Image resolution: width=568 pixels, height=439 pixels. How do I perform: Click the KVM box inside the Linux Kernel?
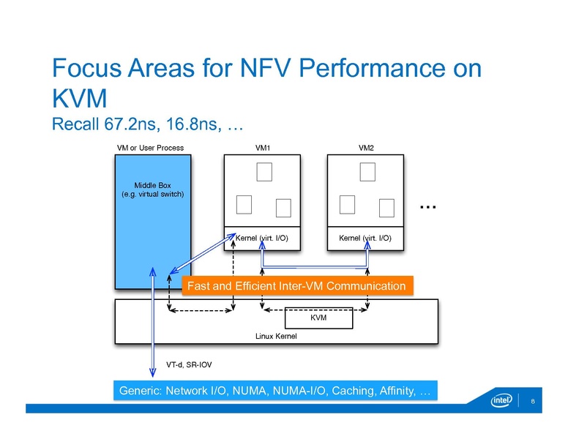(x=318, y=318)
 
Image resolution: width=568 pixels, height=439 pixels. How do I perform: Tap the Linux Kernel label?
(x=276, y=336)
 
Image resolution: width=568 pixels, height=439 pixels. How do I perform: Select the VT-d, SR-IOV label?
(x=190, y=364)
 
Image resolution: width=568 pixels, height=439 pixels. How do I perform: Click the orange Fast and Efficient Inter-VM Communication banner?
(x=296, y=285)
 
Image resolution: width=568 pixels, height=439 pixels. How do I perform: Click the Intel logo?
(x=502, y=401)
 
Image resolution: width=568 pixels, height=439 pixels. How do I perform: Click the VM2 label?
(x=367, y=148)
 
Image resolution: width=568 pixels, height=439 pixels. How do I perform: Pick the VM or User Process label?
(x=150, y=148)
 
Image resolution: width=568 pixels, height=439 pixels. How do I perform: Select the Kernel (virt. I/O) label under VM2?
(x=365, y=238)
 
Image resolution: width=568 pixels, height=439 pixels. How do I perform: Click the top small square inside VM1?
(x=264, y=171)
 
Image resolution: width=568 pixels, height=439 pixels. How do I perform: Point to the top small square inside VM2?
(x=367, y=171)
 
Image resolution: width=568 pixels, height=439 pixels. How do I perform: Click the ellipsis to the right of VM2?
(x=428, y=208)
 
